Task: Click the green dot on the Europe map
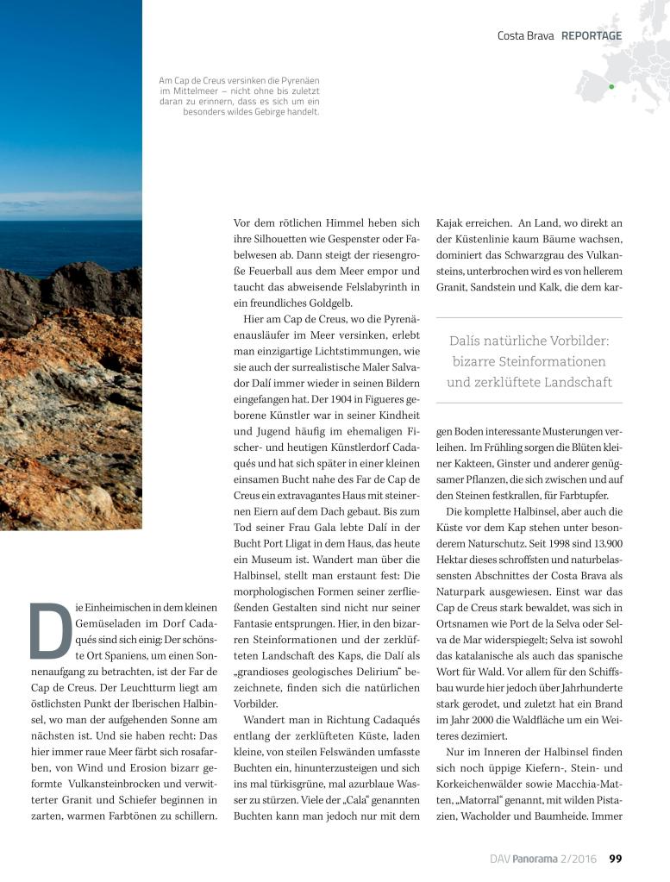pos(611,86)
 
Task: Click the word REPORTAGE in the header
pos(592,35)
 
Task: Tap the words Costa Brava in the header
pos(526,35)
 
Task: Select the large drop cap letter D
pos(50,629)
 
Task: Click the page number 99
pos(616,858)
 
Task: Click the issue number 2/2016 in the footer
pos(584,858)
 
